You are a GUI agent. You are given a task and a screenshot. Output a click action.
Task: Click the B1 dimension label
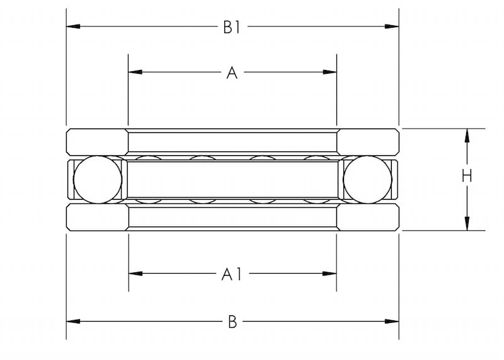tap(232, 27)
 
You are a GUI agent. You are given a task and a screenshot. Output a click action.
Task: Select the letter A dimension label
tap(232, 73)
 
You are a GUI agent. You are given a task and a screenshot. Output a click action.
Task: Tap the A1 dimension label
tap(231, 274)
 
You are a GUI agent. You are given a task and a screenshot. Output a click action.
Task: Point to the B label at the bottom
tap(232, 322)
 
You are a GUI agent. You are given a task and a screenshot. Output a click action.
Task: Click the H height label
tap(467, 177)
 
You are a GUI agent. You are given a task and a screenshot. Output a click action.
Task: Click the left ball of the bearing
tap(98, 180)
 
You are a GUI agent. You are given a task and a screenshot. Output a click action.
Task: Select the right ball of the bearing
tap(367, 180)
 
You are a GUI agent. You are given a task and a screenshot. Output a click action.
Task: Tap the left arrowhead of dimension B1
tap(73, 26)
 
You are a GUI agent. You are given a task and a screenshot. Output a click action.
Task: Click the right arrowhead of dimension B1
tap(392, 26)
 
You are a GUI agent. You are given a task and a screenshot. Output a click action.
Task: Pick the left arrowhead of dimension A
tap(135, 72)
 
